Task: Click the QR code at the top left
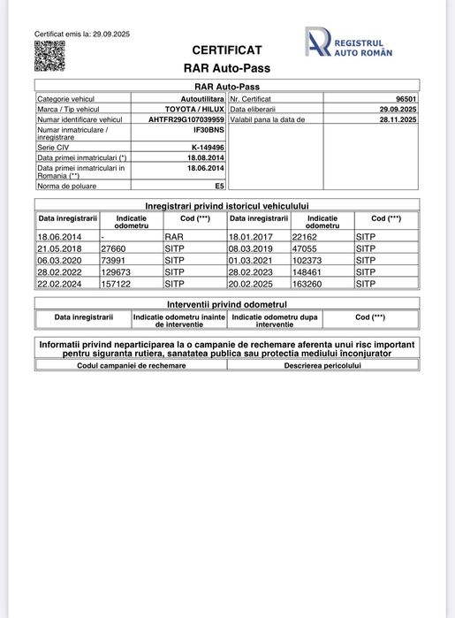tap(49, 56)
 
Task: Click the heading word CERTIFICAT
tap(227, 50)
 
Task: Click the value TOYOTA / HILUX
tap(194, 109)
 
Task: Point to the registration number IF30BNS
tap(209, 129)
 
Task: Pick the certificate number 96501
tap(405, 99)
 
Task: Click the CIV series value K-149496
tap(208, 148)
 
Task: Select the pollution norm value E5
tap(219, 187)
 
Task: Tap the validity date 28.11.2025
tap(398, 118)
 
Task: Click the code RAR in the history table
tap(174, 237)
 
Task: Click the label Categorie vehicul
tap(65, 99)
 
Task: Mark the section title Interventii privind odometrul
tap(227, 303)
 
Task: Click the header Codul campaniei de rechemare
tap(132, 364)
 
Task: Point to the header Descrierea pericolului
tap(322, 364)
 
